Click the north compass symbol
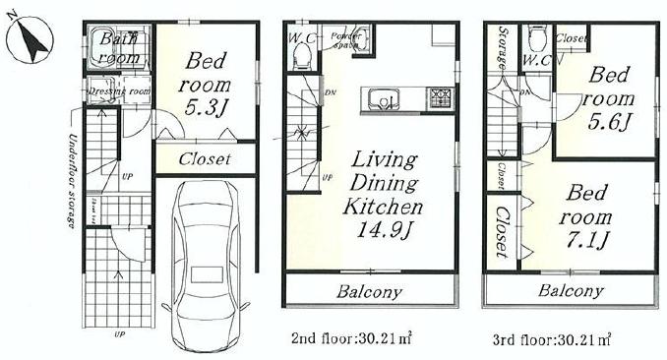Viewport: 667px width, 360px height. [x=30, y=41]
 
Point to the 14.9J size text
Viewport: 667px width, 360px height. [x=383, y=231]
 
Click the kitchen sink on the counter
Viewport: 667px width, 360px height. [x=388, y=98]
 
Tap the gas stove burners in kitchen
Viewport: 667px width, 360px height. [x=438, y=97]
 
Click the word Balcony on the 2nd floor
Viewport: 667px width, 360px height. [x=369, y=292]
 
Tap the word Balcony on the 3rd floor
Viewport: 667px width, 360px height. [x=570, y=291]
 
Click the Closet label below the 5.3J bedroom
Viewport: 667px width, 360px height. [x=205, y=158]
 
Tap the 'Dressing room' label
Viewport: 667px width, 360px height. [x=119, y=91]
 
